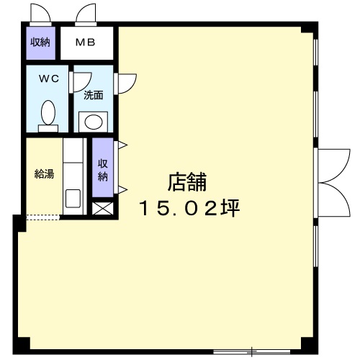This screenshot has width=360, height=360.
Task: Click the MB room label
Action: click(86, 42)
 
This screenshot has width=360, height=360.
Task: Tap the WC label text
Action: click(49, 78)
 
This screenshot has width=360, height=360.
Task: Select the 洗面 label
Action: click(94, 95)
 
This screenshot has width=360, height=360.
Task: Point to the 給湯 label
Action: click(44, 174)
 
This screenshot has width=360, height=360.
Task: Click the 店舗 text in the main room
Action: click(187, 182)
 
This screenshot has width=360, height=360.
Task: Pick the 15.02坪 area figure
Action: click(189, 208)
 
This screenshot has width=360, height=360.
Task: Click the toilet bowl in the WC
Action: click(48, 112)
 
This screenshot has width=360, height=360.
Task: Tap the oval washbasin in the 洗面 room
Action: click(94, 122)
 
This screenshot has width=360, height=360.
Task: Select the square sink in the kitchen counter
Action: click(73, 199)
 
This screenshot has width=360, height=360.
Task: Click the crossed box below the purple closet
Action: click(103, 208)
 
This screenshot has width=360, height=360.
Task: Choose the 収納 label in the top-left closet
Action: click(40, 42)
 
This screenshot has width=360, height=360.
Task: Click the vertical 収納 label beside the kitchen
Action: click(103, 171)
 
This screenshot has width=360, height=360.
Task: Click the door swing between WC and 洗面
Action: click(81, 82)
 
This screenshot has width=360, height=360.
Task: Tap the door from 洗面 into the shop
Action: click(125, 84)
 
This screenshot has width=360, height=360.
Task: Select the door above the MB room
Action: click(86, 15)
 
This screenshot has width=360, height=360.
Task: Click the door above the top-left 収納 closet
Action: click(40, 15)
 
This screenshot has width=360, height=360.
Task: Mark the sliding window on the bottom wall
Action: click(251, 352)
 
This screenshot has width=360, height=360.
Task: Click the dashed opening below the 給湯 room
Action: click(42, 217)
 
